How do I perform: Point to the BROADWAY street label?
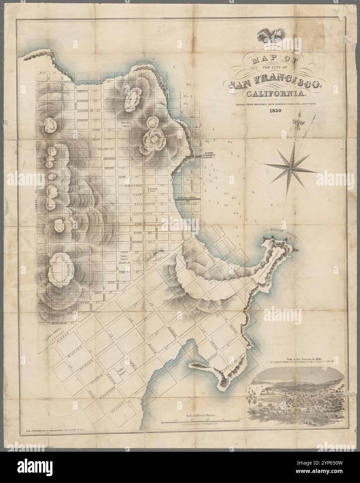109,157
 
